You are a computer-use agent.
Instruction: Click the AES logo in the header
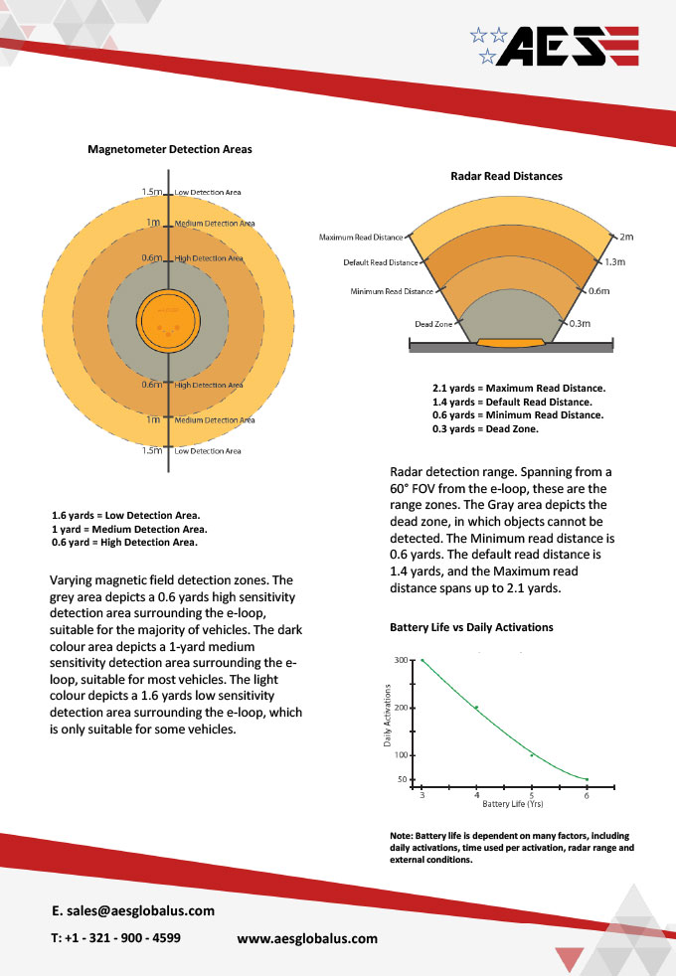pos(555,46)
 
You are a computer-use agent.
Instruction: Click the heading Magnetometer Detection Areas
pos(170,149)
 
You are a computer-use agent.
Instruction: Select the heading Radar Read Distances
pos(507,176)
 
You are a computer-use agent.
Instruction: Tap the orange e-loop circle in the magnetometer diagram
pos(168,321)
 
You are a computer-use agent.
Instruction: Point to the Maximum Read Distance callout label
pos(361,238)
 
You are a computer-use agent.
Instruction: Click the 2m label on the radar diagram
pos(626,237)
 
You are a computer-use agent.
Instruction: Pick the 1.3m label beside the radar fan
pos(615,262)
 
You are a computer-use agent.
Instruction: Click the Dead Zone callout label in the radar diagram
pos(433,324)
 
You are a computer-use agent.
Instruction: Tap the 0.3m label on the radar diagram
pos(580,324)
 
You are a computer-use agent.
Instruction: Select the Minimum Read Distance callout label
pos(392,291)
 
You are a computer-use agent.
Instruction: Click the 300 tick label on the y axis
pos(401,660)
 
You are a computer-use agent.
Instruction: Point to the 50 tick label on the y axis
pos(403,779)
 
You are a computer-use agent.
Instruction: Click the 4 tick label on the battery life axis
pos(477,795)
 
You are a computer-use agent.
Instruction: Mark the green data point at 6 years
pos(587,779)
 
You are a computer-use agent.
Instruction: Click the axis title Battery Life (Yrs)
pos(513,804)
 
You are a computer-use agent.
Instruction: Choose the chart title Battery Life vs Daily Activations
pos(471,627)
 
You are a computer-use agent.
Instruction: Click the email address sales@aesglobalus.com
pos(141,910)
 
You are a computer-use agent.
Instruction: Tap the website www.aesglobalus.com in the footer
pos(307,938)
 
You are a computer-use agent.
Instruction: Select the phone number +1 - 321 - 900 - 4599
pos(122,938)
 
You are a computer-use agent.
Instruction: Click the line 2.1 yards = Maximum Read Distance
pos(519,389)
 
